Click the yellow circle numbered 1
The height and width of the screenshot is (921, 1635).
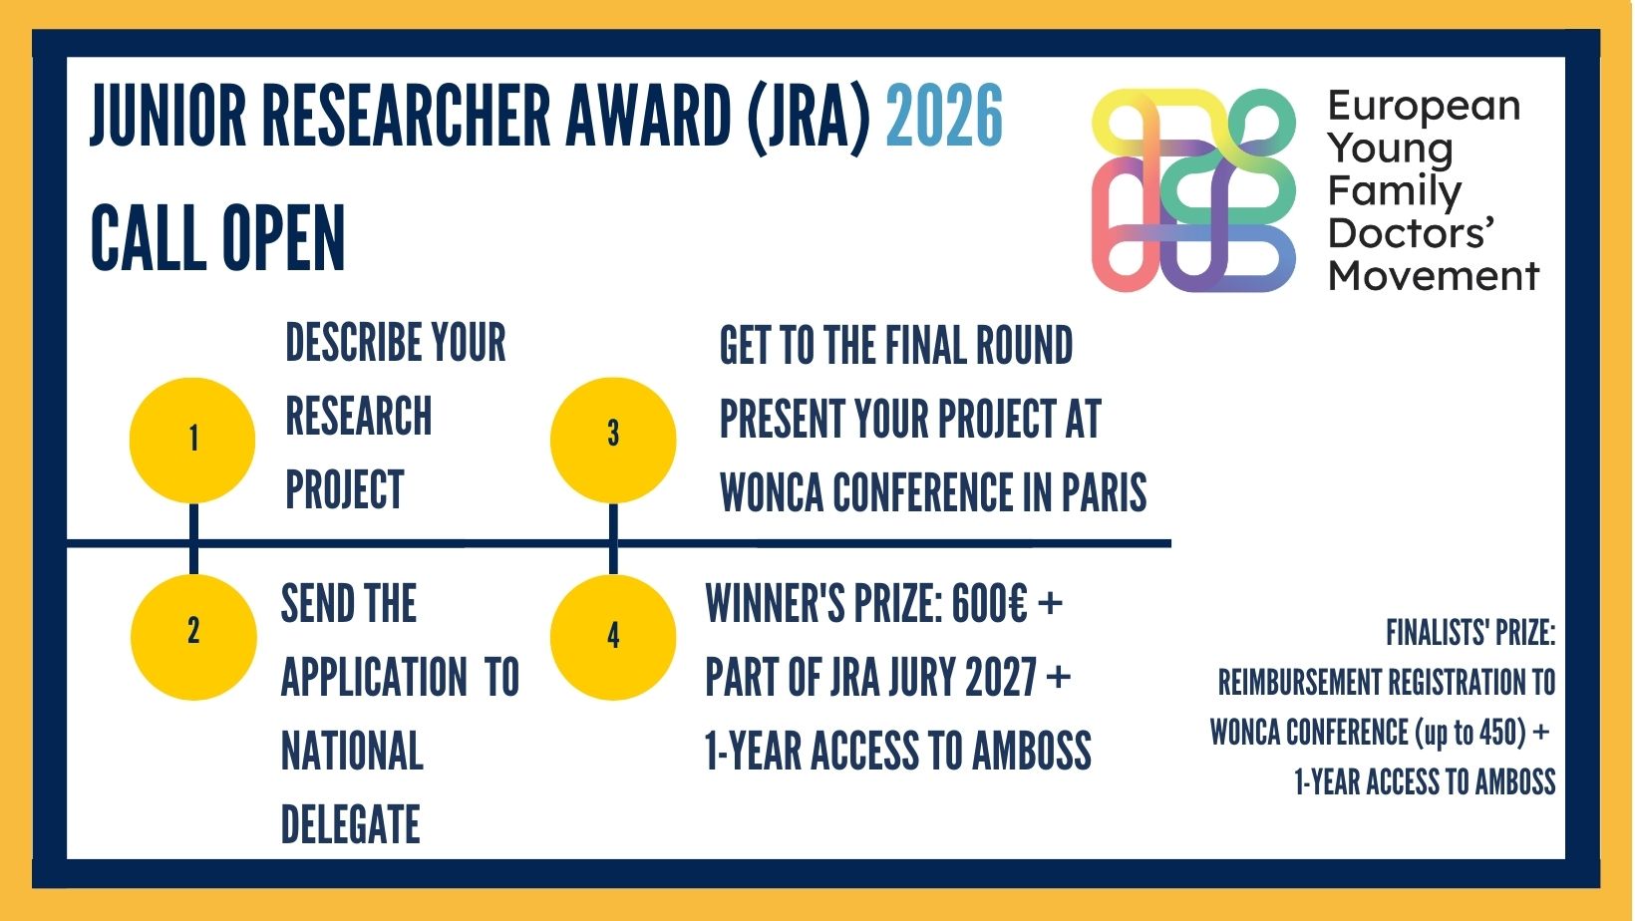pos(192,440)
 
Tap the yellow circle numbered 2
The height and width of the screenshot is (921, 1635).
pos(193,637)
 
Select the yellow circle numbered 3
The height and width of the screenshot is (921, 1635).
pos(613,440)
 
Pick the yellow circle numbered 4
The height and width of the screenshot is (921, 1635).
pos(613,637)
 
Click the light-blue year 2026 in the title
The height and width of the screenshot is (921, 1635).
pos(944,116)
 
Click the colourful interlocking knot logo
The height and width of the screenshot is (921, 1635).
pos(1193,190)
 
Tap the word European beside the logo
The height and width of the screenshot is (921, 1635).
pos(1424,107)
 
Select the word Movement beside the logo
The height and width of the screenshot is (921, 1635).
pos(1434,276)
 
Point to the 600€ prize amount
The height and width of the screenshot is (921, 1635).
pos(990,604)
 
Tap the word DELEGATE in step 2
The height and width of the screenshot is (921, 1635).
pos(350,824)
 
